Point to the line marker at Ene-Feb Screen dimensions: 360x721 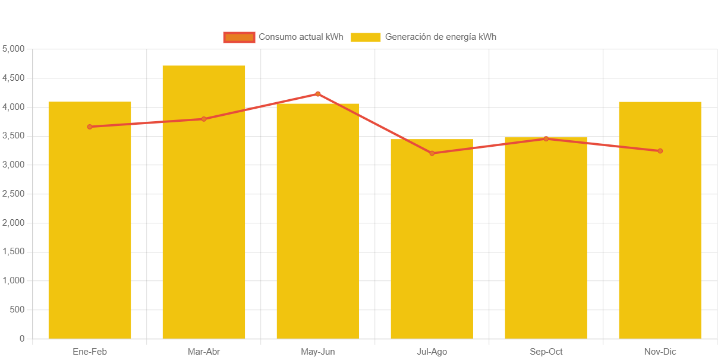coord(90,127)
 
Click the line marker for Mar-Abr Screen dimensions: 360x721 coord(204,119)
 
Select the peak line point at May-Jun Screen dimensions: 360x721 coord(318,94)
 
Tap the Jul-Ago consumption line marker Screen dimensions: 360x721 coord(432,153)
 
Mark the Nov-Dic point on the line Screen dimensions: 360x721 coord(660,151)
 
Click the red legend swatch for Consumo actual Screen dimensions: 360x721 coord(239,37)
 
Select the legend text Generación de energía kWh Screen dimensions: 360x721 coord(440,37)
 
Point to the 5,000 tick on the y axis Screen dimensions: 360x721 coord(14,49)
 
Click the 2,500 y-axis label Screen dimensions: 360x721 coord(14,194)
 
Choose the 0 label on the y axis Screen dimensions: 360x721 coord(22,339)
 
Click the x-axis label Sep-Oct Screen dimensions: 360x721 coord(546,352)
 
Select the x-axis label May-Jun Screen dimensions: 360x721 coord(318,352)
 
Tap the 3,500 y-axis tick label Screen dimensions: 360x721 coord(14,135)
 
